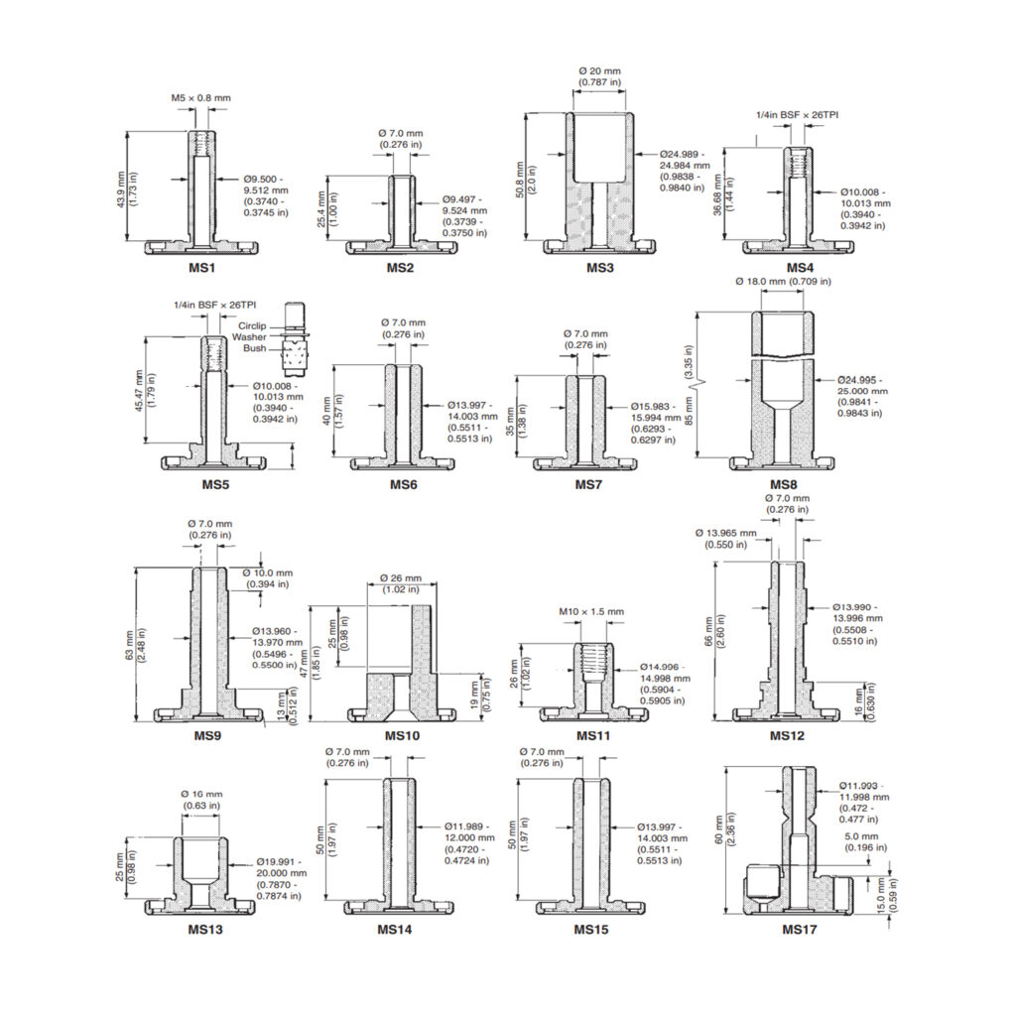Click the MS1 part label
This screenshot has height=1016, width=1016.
click(x=201, y=268)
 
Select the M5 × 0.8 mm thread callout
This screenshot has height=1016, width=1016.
click(x=200, y=98)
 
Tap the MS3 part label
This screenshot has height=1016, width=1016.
click(x=599, y=268)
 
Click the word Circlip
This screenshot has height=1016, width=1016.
click(x=252, y=325)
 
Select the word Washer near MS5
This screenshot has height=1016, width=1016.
click(x=250, y=337)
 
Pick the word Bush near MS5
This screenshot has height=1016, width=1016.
click(x=256, y=349)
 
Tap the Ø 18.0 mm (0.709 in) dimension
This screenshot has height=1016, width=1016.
click(x=783, y=282)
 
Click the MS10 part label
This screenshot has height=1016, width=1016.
click(x=402, y=736)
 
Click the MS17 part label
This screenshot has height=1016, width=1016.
click(x=798, y=930)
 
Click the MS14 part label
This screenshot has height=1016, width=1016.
click(x=394, y=930)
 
